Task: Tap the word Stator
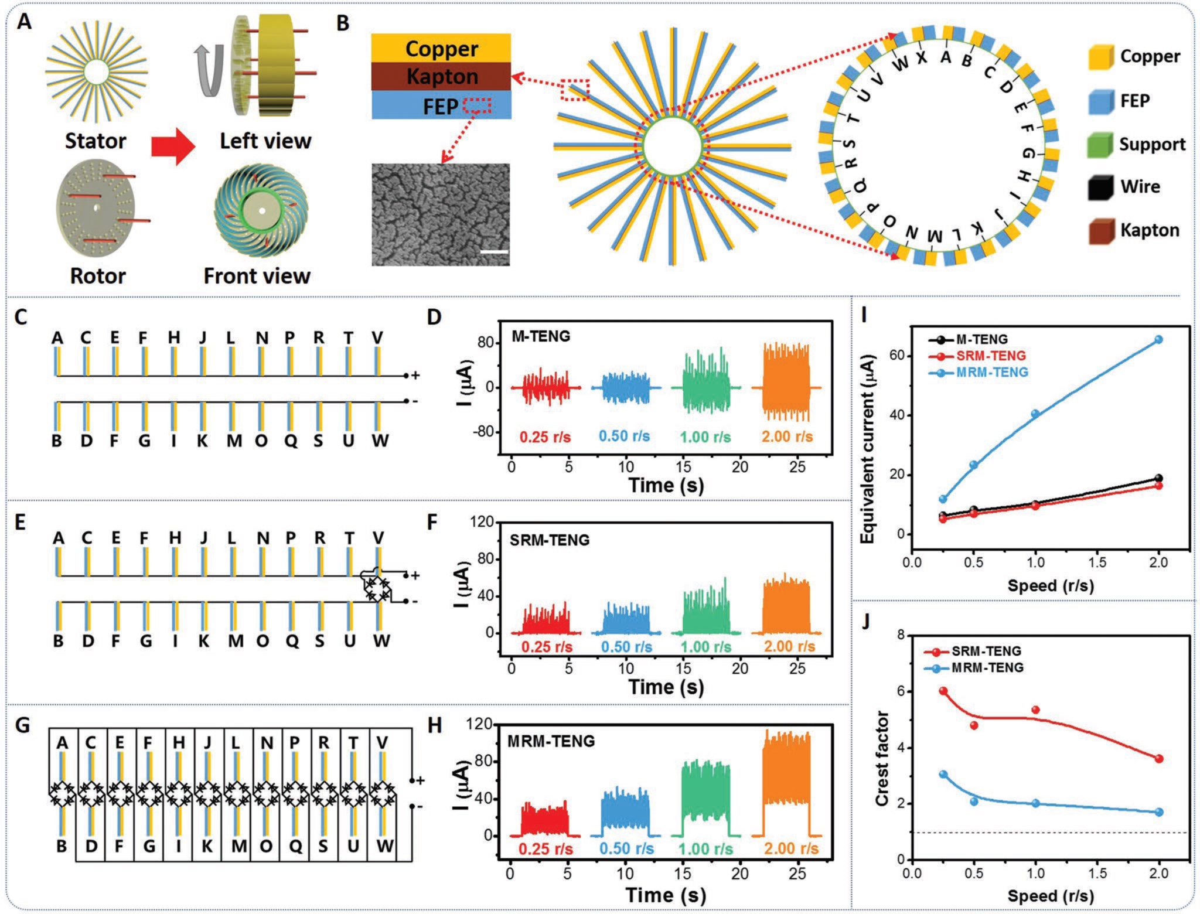coord(96,141)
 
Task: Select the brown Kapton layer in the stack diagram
coord(441,76)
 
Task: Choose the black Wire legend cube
coord(1100,187)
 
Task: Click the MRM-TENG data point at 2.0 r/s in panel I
coord(1158,339)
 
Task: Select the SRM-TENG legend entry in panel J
coord(973,652)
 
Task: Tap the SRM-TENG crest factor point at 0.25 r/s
coord(943,691)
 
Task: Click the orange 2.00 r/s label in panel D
coord(787,436)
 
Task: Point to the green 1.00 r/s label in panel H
coord(707,849)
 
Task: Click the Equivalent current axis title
coord(867,449)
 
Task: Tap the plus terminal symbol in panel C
coord(415,375)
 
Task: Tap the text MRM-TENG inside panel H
coord(551,741)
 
